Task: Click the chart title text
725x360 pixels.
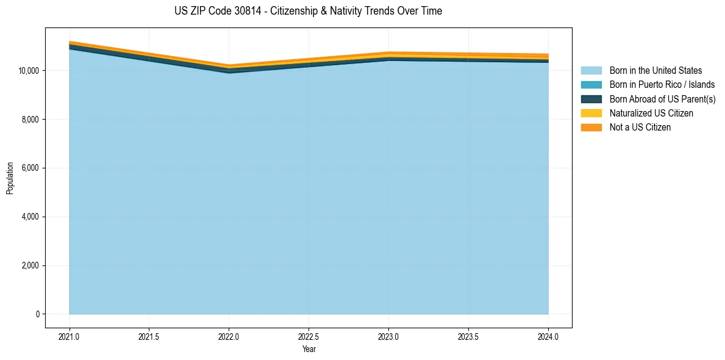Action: [x=308, y=11]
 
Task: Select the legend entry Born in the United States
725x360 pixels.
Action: [x=655, y=71]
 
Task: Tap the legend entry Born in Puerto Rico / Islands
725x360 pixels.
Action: [x=662, y=85]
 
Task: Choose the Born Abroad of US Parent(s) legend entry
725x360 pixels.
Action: [x=662, y=99]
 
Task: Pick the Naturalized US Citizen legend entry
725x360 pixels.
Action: [x=651, y=113]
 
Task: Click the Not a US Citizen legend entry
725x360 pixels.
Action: [x=640, y=128]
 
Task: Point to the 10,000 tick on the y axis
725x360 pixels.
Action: [x=29, y=71]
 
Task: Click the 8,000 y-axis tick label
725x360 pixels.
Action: [x=31, y=120]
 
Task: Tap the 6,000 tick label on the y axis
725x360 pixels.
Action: [x=31, y=168]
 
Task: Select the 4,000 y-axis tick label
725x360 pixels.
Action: [x=31, y=217]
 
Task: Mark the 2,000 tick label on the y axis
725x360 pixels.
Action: [x=31, y=266]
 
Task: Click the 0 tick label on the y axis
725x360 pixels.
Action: [x=37, y=314]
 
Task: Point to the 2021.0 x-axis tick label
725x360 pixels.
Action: [x=70, y=336]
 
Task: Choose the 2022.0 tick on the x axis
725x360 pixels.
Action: [x=229, y=336]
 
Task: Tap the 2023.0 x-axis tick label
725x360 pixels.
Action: [x=388, y=336]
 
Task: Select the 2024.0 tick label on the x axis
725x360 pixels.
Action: [x=548, y=336]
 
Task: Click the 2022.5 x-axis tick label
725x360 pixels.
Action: [x=309, y=336]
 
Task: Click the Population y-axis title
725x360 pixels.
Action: [x=10, y=178]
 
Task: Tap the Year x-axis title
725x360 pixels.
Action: [x=309, y=350]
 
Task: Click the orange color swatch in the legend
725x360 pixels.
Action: [x=591, y=128]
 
